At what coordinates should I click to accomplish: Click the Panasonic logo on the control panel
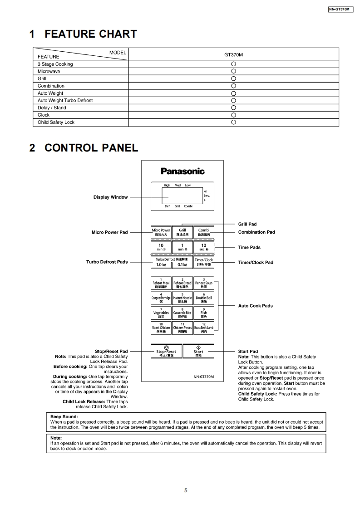point(182,171)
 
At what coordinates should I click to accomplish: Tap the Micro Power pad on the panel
point(161,232)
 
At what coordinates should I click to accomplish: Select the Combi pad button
point(203,232)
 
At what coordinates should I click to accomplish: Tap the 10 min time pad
point(161,247)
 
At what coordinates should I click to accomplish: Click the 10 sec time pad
point(203,247)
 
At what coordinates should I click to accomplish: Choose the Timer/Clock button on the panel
point(203,262)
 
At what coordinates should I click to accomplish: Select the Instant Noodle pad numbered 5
point(182,298)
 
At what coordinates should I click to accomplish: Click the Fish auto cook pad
point(203,313)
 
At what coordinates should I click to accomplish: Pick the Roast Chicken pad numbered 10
point(161,328)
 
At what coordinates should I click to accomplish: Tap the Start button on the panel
point(198,352)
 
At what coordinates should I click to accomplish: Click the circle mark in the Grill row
point(233,78)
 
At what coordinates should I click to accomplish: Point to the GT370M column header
point(233,55)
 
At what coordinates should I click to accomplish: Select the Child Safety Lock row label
point(56,122)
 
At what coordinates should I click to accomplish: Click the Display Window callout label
point(110,197)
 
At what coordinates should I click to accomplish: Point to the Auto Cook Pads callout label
point(255,306)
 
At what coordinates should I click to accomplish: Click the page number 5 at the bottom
point(186,490)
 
